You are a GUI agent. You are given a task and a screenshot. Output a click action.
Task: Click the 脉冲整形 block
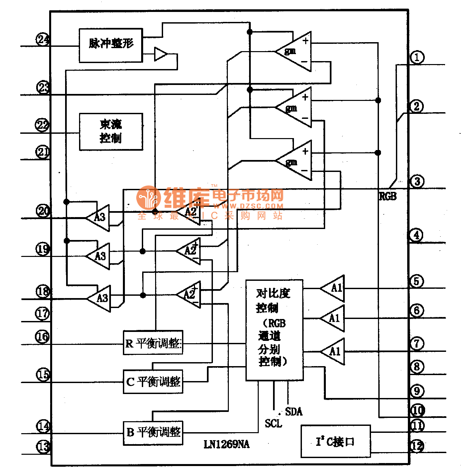coord(111,45)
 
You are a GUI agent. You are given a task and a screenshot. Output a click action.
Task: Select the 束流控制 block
coord(111,132)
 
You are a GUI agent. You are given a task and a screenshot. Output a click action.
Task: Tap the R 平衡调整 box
coord(153,343)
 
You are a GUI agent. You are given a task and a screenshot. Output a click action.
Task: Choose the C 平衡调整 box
coord(153,382)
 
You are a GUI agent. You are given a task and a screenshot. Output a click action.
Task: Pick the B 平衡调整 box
coord(153,433)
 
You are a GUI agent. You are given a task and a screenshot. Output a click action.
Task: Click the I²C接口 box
coord(335,441)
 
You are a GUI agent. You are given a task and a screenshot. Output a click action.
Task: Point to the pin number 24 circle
coord(43,39)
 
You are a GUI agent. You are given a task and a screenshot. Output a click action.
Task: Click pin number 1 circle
coord(417,57)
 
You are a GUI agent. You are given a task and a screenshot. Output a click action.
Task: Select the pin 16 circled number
coord(42,337)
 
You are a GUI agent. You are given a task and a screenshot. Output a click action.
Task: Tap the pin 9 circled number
coord(417,391)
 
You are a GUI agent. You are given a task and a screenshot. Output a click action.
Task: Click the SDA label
coord(294,412)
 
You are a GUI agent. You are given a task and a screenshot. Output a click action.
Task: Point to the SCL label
coord(273,424)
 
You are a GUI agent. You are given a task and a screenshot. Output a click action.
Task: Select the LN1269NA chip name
coord(227,444)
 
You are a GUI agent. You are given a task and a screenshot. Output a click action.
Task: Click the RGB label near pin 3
coord(388,196)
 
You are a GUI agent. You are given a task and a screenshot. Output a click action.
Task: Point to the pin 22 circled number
coord(42,125)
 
